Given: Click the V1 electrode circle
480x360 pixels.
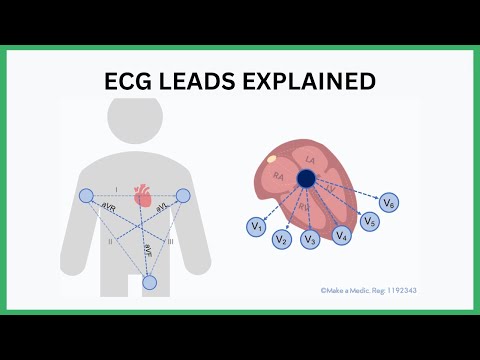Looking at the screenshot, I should click(x=257, y=227).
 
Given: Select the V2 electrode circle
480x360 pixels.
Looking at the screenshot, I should click(x=283, y=238).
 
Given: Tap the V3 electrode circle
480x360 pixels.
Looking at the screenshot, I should click(x=311, y=238).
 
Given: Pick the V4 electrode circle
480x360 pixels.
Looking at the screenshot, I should click(x=342, y=236).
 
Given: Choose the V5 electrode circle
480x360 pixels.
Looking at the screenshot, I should click(x=370, y=221).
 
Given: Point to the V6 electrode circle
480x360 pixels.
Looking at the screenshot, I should click(x=391, y=205).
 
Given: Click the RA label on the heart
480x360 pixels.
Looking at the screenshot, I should click(x=279, y=177).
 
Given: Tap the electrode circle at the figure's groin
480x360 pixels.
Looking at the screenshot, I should click(x=150, y=283).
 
